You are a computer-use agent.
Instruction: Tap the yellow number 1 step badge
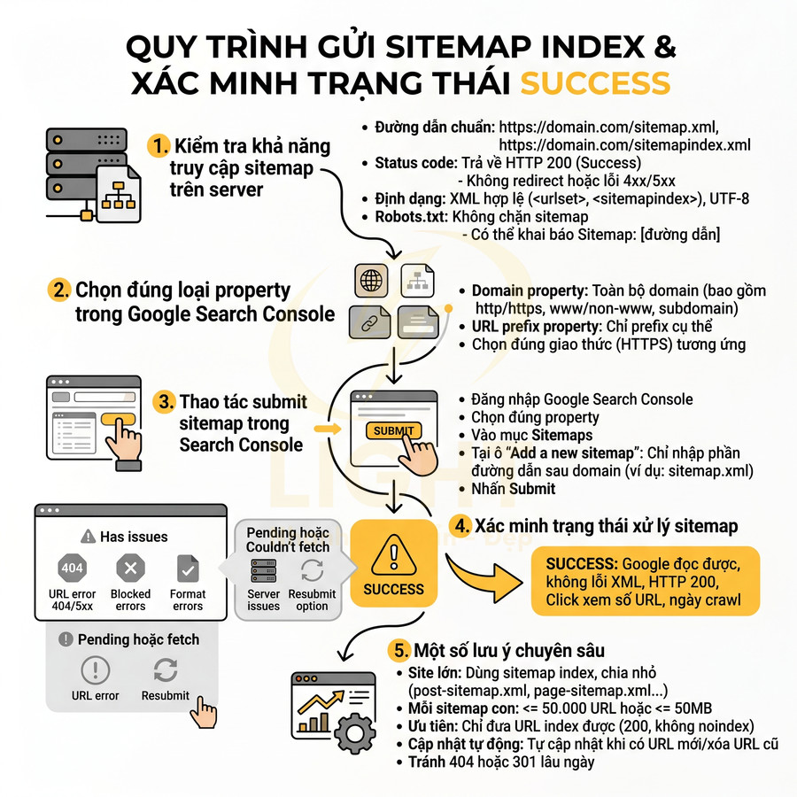pyautogui.click(x=159, y=145)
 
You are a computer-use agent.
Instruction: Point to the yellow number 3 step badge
pyautogui.click(x=165, y=402)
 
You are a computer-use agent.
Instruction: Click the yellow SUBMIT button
pyautogui.click(x=393, y=430)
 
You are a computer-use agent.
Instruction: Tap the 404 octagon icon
pyautogui.click(x=71, y=569)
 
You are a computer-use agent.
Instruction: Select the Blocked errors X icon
pyautogui.click(x=130, y=569)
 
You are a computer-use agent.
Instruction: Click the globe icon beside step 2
pyautogui.click(x=371, y=281)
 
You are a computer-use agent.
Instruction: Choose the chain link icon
pyautogui.click(x=368, y=322)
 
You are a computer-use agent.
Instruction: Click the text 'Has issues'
pyautogui.click(x=133, y=537)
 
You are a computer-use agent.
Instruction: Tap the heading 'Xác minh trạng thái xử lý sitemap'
pyautogui.click(x=606, y=526)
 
